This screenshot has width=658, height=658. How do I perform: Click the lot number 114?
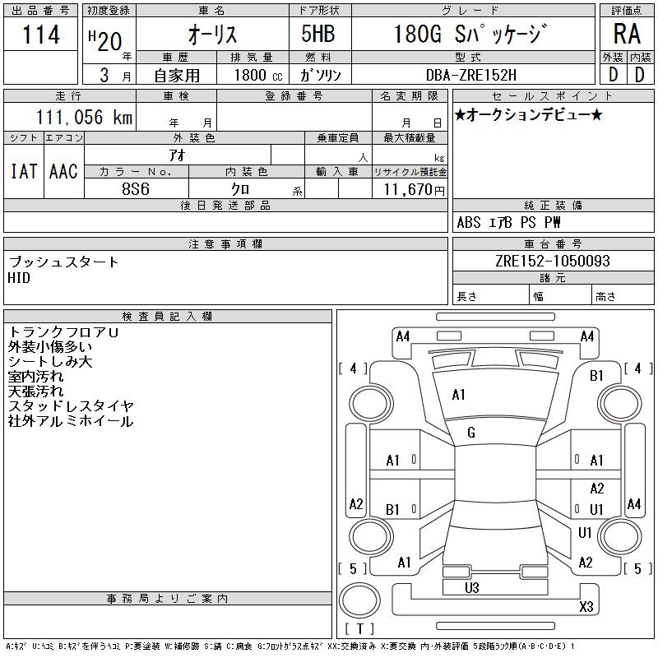pyautogui.click(x=41, y=35)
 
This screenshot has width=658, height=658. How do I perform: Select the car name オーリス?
pyautogui.click(x=214, y=35)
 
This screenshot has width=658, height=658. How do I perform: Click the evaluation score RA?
pyautogui.click(x=627, y=35)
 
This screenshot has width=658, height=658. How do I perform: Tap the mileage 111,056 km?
pyautogui.click(x=83, y=118)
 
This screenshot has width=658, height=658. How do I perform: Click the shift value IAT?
pyautogui.click(x=24, y=171)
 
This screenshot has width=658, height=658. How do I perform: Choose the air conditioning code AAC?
pyautogui.click(x=63, y=171)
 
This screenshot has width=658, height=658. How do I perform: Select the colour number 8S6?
pyautogui.click(x=136, y=188)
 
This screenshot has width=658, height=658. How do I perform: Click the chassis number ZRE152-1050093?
pyautogui.click(x=553, y=261)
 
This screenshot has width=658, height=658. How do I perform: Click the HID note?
pyautogui.click(x=19, y=278)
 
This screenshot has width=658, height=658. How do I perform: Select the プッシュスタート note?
pyautogui.click(x=63, y=262)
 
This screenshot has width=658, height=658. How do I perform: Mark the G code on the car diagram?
pyautogui.click(x=471, y=433)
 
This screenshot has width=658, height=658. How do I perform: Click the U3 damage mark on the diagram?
pyautogui.click(x=471, y=587)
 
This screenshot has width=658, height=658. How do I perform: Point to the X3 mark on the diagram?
pyautogui.click(x=586, y=607)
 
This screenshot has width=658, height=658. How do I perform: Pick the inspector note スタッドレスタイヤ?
pyautogui.click(x=71, y=406)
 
